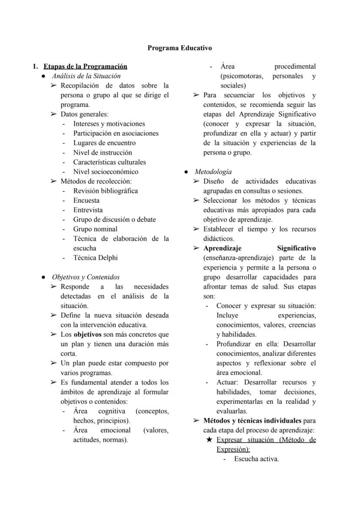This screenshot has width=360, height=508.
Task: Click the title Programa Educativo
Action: coord(180,48)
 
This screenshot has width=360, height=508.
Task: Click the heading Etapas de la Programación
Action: coord(85,66)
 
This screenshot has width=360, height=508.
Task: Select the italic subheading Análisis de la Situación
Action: coord(86,76)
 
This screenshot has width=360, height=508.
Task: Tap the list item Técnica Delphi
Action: coord(95,258)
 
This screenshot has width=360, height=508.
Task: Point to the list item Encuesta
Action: coord(86,200)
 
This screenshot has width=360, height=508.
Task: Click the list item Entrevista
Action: coord(88,210)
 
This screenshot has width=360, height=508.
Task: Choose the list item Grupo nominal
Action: coord(95,229)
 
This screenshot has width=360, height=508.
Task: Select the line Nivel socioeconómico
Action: coord(106,172)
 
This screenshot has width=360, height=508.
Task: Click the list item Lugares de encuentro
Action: coord(104,143)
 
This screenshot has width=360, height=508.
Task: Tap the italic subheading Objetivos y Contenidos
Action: coord(86,277)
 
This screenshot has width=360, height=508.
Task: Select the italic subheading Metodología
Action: coord(213,172)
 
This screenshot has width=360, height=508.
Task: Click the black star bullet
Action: coord(209,440)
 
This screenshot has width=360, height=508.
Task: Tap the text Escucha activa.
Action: coord(256,459)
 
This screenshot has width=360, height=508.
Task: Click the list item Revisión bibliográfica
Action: coord(105,191)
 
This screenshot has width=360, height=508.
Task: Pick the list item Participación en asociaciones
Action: coord(116,133)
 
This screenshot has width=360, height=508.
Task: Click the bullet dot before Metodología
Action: coord(186,172)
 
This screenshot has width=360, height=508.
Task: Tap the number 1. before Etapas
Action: coord(35,66)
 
